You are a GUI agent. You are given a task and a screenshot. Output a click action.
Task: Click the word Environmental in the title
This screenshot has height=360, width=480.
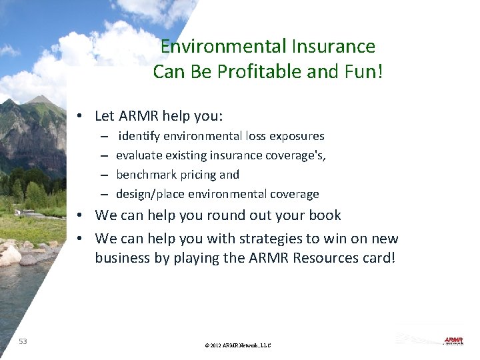pos(224,47)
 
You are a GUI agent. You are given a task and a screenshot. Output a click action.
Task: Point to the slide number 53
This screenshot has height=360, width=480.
pos(23,341)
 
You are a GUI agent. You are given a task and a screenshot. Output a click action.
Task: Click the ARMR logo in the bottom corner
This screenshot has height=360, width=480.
pos(453,341)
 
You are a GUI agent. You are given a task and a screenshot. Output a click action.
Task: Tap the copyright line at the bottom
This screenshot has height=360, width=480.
pos(239,345)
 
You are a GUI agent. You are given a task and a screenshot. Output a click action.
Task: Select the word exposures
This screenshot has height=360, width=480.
pos(297,136)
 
